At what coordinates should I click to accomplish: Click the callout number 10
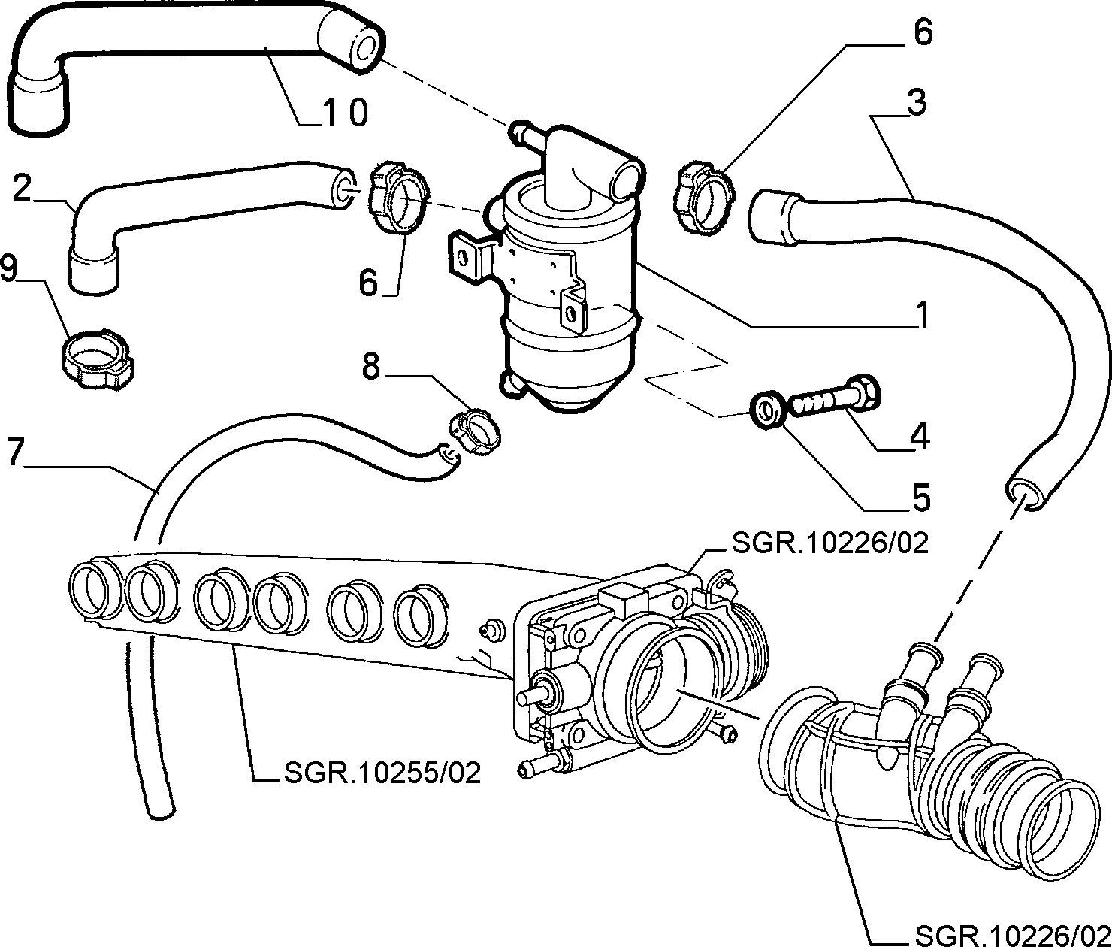344,112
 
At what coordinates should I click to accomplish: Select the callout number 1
922,315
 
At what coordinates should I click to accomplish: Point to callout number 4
920,436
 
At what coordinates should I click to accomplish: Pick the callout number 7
16,452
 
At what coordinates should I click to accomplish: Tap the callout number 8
370,368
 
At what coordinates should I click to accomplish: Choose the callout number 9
9,268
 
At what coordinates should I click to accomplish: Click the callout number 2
22,189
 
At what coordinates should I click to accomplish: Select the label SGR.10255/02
382,773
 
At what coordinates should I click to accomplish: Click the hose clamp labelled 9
98,356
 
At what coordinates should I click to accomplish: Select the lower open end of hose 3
1023,493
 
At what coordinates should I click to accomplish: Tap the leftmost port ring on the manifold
90,589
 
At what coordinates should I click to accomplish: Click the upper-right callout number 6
922,33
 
